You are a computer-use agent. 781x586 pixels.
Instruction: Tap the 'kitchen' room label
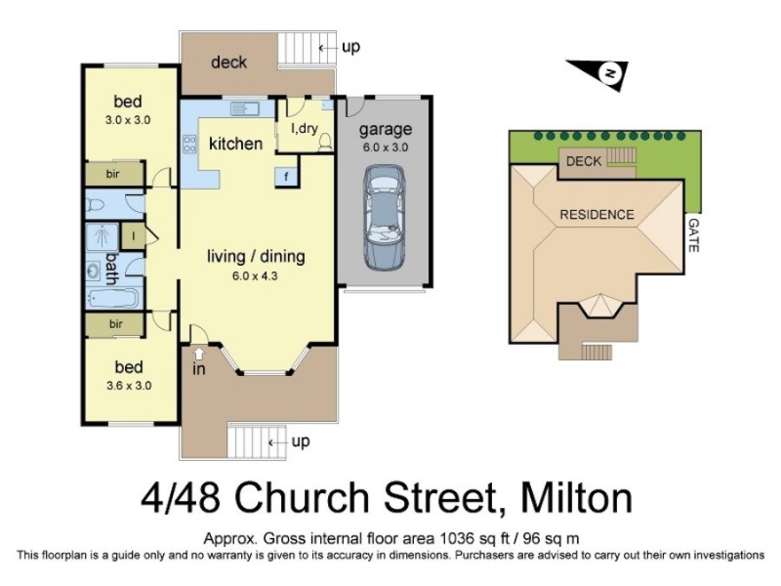click(236, 144)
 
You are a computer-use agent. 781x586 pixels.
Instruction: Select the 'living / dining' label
click(256, 257)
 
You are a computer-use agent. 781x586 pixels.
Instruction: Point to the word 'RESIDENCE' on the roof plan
click(596, 214)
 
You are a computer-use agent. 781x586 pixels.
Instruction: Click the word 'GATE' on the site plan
click(694, 235)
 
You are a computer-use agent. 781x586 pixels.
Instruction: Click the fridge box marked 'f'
click(286, 176)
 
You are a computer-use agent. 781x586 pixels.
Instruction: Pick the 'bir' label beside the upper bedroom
click(115, 176)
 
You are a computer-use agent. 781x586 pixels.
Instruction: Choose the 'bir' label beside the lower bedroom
click(115, 323)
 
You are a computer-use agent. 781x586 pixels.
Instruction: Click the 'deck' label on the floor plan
click(229, 63)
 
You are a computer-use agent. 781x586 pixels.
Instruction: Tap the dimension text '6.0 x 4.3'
click(256, 276)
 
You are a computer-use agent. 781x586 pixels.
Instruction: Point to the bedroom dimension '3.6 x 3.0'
click(128, 385)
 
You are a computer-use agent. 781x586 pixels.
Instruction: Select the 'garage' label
click(385, 129)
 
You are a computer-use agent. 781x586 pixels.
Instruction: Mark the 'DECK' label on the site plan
click(584, 160)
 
